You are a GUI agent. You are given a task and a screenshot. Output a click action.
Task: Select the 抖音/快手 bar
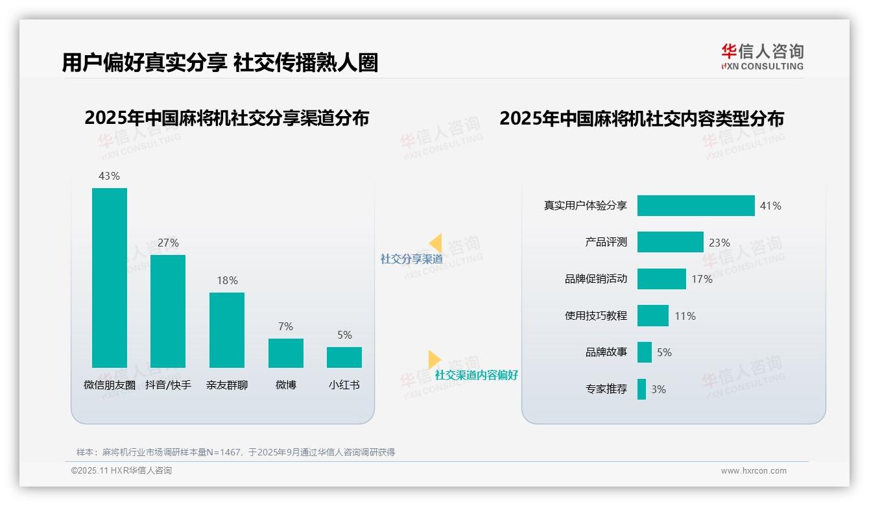pyautogui.click(x=168, y=311)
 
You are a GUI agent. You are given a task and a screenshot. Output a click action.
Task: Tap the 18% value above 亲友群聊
pyautogui.click(x=227, y=281)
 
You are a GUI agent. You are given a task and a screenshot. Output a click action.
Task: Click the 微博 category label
pyautogui.click(x=285, y=385)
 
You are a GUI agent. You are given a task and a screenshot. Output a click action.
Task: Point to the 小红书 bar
pyautogui.click(x=344, y=357)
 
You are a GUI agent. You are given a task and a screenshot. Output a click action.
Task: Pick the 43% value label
pyautogui.click(x=109, y=176)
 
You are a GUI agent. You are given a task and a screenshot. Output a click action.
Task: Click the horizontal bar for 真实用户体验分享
pyautogui.click(x=696, y=206)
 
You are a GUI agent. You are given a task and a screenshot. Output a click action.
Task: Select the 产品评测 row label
pyautogui.click(x=606, y=242)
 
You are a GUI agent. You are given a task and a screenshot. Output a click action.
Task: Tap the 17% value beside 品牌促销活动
pyautogui.click(x=702, y=279)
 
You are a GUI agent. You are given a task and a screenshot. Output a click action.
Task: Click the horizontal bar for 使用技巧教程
pyautogui.click(x=652, y=316)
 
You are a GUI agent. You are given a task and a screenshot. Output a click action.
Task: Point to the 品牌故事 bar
pyautogui.click(x=644, y=352)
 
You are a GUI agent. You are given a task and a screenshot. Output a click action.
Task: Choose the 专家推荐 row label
pyautogui.click(x=606, y=389)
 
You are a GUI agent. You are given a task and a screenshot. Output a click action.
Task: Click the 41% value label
pyautogui.click(x=770, y=206)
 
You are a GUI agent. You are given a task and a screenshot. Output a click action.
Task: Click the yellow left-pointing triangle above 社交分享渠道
pyautogui.click(x=436, y=243)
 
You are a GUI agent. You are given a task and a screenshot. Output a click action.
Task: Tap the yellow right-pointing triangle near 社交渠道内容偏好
pyautogui.click(x=434, y=359)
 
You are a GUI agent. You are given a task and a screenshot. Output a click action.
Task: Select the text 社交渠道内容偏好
pyautogui.click(x=476, y=375)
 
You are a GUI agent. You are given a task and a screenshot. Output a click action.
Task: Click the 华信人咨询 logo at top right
pyautogui.click(x=762, y=56)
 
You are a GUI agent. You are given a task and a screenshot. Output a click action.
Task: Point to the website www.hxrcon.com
pyautogui.click(x=754, y=471)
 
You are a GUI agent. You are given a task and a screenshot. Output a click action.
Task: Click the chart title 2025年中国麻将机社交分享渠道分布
pyautogui.click(x=226, y=118)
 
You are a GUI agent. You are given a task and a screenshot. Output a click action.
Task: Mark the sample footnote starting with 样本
pyautogui.click(x=235, y=452)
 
